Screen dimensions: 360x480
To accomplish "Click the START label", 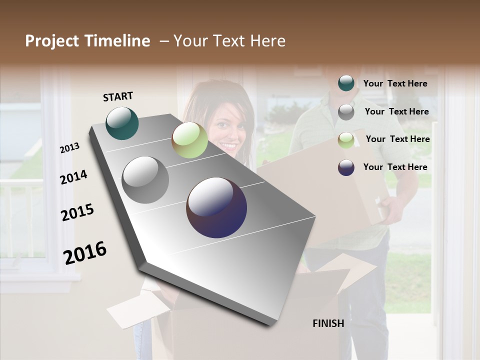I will [118, 96].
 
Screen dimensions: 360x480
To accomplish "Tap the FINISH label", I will [328, 323].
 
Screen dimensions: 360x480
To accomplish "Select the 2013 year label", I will [70, 148].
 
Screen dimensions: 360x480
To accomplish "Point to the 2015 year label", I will [77, 212].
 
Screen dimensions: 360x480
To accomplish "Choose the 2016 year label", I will [85, 253].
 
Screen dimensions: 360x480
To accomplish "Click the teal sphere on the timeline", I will [122, 123].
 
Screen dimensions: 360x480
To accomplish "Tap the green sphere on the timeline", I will [189, 140].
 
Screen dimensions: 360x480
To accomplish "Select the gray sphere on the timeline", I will [145, 180].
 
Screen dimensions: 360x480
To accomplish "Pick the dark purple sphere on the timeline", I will [216, 207].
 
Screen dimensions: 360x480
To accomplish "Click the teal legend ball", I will [346, 83].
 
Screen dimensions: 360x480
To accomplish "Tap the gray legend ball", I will [346, 112].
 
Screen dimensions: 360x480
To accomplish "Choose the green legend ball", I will [346, 139].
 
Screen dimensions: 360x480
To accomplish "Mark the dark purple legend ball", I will [346, 167].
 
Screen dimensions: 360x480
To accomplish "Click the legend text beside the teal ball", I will [395, 84].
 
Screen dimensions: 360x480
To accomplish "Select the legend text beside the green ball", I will [397, 139].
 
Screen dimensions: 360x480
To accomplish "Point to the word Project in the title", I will [52, 41].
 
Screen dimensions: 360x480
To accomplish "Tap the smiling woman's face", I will [227, 130].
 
